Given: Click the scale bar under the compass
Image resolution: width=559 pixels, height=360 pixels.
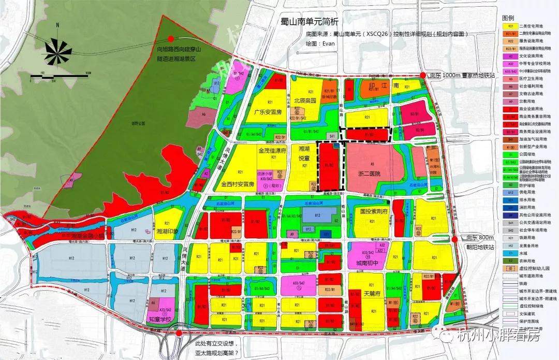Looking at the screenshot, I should [54, 77].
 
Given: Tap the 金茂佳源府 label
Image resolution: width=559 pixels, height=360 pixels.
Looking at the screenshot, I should [272, 151].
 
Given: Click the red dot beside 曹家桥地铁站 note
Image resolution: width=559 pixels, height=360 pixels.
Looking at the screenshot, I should [423, 75].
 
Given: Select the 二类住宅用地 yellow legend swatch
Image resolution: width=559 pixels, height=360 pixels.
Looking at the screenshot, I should [510, 26].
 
